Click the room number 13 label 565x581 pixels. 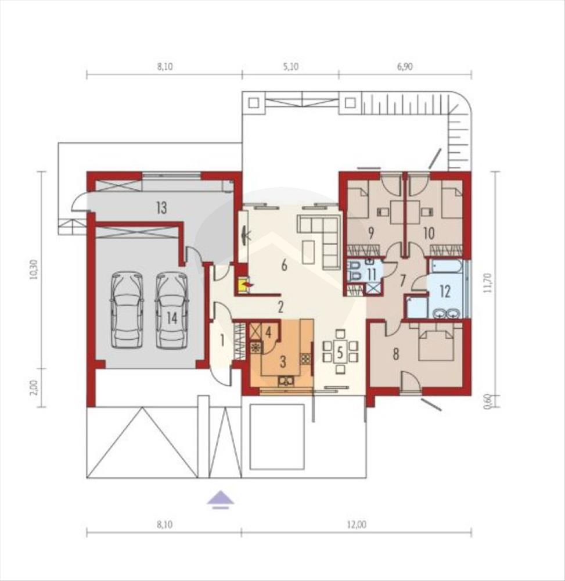pyautogui.click(x=162, y=208)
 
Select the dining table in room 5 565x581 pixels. pyautogui.click(x=340, y=352)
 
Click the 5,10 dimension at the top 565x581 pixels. pyautogui.click(x=291, y=67)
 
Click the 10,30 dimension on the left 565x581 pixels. pyautogui.click(x=34, y=270)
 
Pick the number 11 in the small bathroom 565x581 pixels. pyautogui.click(x=372, y=275)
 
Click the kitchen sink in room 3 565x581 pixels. pyautogui.click(x=286, y=381)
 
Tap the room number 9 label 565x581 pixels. pyautogui.click(x=370, y=233)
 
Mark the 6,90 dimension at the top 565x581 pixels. pyautogui.click(x=405, y=67)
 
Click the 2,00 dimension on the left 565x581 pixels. pyautogui.click(x=34, y=388)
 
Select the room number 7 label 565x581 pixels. pyautogui.click(x=402, y=281)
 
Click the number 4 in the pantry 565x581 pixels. pyautogui.click(x=268, y=332)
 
